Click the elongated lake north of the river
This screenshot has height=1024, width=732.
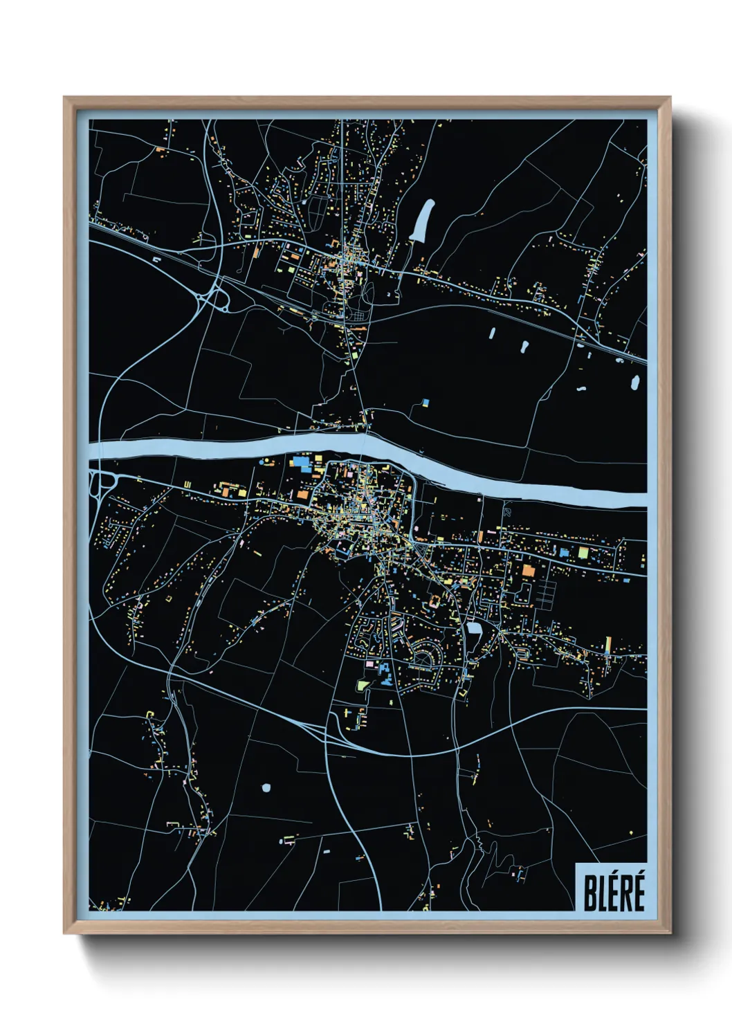pos(422,219)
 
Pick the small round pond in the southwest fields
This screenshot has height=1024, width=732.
pos(266,787)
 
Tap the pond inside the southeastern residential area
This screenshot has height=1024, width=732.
pos(475,628)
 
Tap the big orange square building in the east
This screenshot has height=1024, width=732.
pos(529,570)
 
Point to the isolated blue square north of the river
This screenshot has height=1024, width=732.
pos(426,401)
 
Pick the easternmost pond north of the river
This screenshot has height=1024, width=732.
pos(634,382)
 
